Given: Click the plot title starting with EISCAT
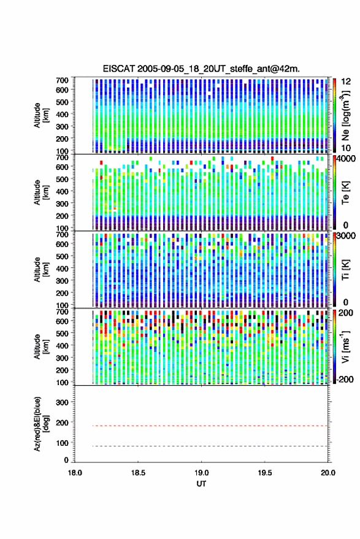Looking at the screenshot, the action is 201,69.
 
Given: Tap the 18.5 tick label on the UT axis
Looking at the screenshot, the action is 138,473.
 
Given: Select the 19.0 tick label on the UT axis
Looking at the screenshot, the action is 201,473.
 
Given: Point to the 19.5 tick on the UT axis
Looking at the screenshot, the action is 265,473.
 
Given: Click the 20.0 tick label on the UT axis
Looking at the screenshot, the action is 327,473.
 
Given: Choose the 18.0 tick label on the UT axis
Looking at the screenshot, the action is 75,473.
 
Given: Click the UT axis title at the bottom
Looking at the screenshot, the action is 201,484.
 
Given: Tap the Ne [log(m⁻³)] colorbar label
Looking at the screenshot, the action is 345,115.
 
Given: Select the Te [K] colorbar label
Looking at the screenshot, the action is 345,193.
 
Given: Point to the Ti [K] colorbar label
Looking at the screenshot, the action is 345,270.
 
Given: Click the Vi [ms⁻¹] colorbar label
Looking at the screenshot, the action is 345,346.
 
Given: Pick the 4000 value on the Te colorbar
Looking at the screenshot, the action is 347,159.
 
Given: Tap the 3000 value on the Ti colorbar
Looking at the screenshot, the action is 347,236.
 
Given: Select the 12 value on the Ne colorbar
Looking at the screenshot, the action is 346,82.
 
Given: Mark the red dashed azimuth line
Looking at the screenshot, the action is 201,426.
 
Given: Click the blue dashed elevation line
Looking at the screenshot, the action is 201,446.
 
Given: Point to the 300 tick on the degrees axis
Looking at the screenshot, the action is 62,402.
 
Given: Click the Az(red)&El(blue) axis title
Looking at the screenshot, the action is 41,424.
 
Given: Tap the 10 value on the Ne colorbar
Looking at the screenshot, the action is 346,148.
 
